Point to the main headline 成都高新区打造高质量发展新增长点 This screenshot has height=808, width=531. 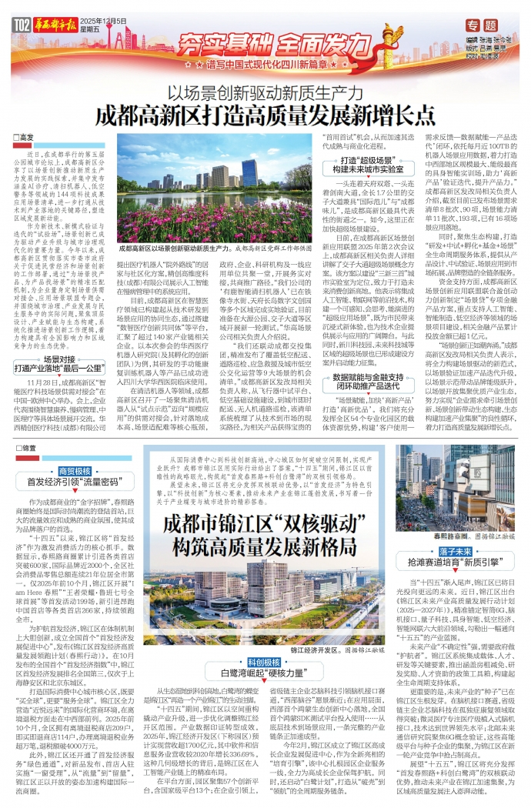(x=265, y=116)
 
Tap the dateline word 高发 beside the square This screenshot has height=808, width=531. (x=27, y=135)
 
